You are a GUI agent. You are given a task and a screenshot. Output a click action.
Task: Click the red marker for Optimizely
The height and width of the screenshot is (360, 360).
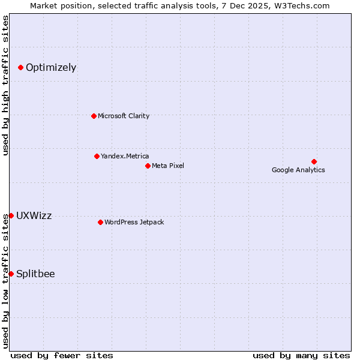click(x=20, y=67)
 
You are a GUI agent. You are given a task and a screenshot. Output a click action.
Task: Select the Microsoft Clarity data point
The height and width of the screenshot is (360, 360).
click(x=94, y=116)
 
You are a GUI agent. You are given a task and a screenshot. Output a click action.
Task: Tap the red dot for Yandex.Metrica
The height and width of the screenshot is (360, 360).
click(x=97, y=156)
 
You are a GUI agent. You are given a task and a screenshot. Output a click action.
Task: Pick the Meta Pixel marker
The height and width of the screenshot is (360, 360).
click(x=148, y=166)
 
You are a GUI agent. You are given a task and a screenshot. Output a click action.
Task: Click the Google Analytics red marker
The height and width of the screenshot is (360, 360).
click(x=314, y=161)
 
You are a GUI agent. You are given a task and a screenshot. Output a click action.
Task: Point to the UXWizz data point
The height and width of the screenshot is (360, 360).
click(x=11, y=215)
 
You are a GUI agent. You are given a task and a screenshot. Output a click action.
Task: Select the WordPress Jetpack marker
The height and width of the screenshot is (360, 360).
click(x=100, y=222)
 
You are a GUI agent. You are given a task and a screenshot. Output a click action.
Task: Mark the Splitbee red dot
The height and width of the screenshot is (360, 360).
click(x=11, y=274)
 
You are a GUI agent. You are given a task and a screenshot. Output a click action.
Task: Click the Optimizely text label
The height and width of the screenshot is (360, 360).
click(x=51, y=67)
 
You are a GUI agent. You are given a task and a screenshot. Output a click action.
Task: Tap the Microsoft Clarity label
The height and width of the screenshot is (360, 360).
click(x=124, y=116)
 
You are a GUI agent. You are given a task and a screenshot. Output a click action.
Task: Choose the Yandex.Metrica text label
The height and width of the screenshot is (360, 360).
click(x=125, y=156)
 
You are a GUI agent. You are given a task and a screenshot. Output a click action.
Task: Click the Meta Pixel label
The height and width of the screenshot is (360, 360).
click(x=168, y=166)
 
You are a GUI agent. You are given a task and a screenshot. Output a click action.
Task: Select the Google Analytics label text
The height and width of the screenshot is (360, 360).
click(x=298, y=170)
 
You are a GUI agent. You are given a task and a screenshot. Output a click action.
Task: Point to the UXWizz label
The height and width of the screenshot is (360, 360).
click(x=34, y=215)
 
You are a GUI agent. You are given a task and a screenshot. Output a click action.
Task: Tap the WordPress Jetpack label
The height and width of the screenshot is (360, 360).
click(x=134, y=222)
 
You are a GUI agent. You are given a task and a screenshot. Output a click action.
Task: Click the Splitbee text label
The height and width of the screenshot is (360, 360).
click(x=35, y=274)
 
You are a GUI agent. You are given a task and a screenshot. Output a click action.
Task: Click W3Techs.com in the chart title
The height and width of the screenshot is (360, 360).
click(x=302, y=5)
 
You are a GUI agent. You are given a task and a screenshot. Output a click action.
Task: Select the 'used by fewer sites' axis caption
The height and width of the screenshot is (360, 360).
click(x=62, y=355)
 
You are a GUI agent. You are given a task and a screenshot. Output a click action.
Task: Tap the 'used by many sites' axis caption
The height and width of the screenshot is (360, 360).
click(x=301, y=355)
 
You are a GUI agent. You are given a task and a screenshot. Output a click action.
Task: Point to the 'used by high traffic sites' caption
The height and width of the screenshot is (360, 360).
click(x=5, y=85)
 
